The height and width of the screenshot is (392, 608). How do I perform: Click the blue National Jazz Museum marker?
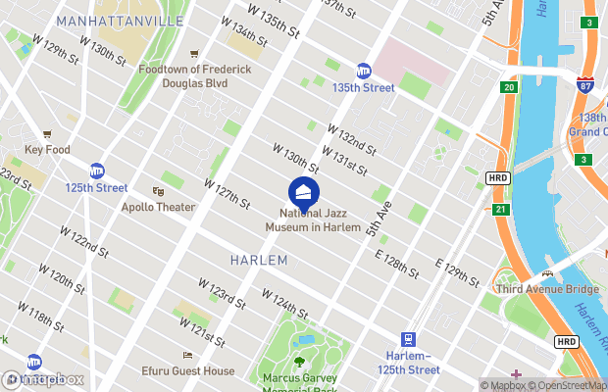(x=304, y=191)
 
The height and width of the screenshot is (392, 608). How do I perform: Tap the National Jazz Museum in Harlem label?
(x=314, y=220)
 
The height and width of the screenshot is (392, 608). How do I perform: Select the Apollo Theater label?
(x=158, y=208)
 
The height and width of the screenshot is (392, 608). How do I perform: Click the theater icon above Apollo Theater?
(x=158, y=192)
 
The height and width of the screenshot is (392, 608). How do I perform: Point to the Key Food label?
(x=47, y=150)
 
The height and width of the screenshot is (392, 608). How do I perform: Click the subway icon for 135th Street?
(x=363, y=71)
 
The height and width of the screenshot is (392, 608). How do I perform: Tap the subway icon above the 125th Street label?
(x=97, y=171)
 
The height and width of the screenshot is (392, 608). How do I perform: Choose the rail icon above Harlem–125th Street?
(x=408, y=339)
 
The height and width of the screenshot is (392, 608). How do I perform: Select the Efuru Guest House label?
(x=187, y=371)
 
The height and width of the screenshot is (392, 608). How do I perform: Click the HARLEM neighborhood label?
(x=259, y=261)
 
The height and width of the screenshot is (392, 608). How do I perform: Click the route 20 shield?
(x=509, y=88)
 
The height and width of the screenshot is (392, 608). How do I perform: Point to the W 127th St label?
(x=228, y=191)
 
